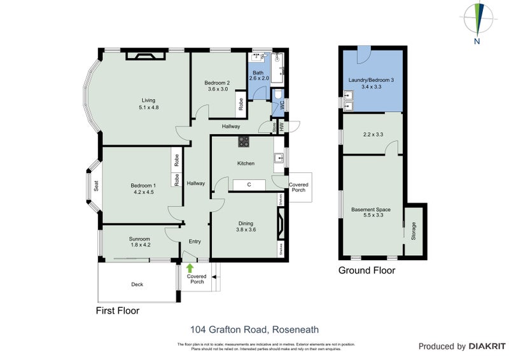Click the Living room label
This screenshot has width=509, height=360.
(149, 100)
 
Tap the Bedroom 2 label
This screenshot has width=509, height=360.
(217, 83)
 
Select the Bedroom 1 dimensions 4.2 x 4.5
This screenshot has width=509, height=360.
(144, 191)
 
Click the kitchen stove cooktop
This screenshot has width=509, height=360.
(243, 141)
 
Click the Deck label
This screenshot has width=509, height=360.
(137, 284)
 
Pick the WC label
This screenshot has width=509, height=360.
(282, 107)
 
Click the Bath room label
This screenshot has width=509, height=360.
(258, 73)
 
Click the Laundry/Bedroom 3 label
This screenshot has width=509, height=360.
(372, 80)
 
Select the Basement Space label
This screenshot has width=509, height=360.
(371, 209)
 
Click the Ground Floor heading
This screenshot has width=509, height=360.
(366, 270)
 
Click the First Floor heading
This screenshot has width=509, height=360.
(117, 311)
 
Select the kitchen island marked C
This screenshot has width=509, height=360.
(249, 185)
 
